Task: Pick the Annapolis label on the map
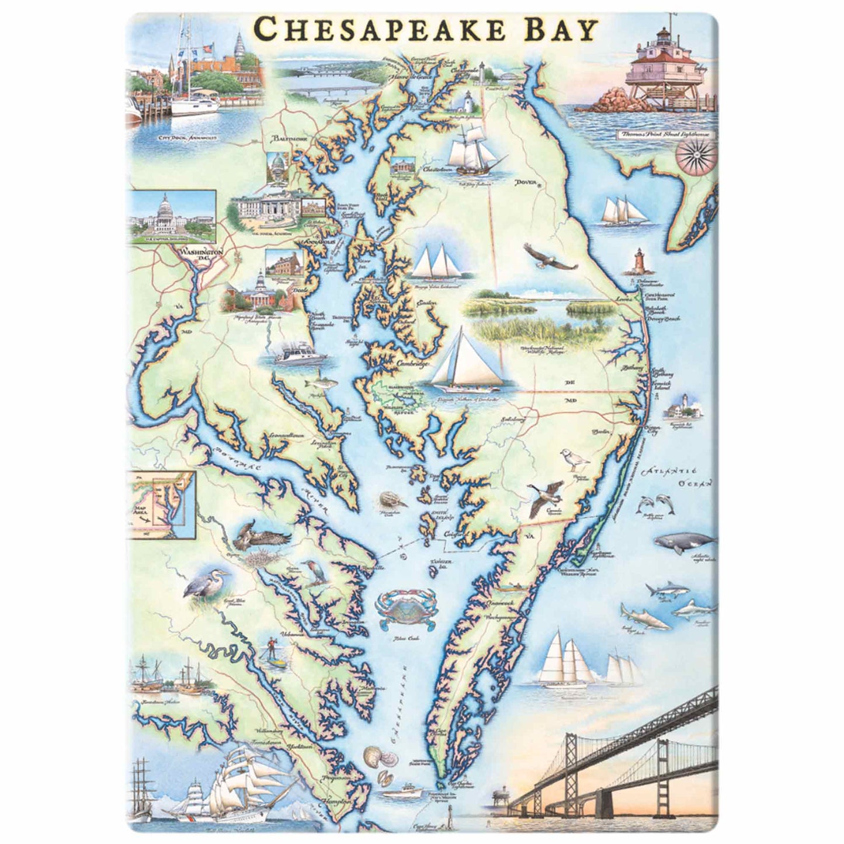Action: tap(318, 241)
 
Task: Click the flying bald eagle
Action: tap(550, 258)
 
